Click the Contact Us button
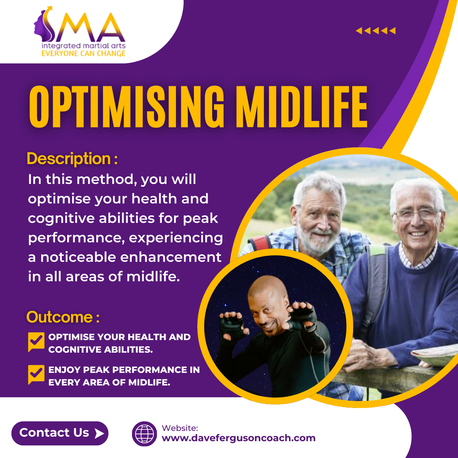point(60,433)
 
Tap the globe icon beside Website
point(144,434)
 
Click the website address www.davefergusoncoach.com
point(239,438)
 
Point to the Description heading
point(72,158)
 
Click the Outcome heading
point(63,317)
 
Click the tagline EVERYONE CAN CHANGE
point(84,53)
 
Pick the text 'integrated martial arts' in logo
point(84,46)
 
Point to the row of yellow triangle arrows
point(376,31)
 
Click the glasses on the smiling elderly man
point(418,214)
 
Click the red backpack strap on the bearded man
point(260,243)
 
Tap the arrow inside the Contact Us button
point(99,434)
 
